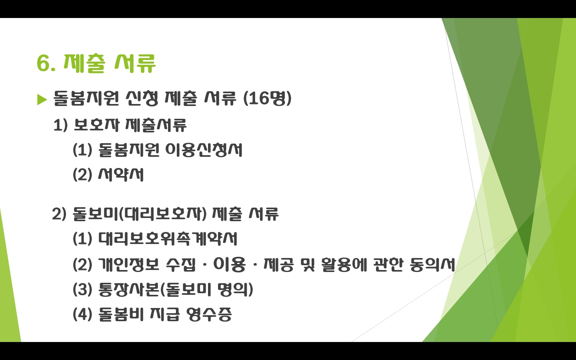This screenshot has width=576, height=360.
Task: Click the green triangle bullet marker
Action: (42, 100)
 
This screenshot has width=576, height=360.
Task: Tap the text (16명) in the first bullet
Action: (267, 98)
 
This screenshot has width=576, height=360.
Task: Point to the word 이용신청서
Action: (203, 150)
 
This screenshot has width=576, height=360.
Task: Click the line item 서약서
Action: (121, 174)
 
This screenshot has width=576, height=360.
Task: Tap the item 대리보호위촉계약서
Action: (168, 239)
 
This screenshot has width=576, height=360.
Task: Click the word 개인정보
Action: (129, 264)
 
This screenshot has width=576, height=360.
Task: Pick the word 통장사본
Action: (128, 289)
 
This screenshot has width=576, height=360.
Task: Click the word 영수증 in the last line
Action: (208, 314)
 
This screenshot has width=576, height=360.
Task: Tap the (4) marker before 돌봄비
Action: (82, 314)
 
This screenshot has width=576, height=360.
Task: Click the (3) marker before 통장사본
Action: (82, 289)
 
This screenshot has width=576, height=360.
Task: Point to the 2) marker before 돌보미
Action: (59, 214)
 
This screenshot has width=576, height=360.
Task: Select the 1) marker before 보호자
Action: (60, 125)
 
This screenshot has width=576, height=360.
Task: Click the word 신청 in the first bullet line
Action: (142, 98)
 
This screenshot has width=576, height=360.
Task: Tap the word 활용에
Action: (344, 264)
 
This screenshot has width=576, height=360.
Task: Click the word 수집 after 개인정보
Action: (181, 264)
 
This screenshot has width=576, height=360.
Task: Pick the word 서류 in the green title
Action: (135, 63)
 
